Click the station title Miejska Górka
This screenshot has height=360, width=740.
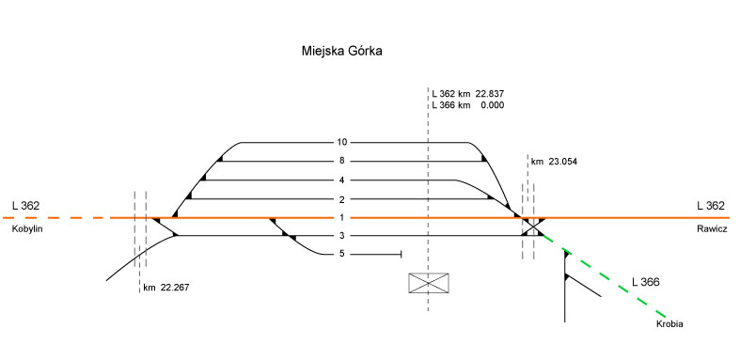pos(341,51)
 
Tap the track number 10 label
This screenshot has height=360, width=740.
pos(342,142)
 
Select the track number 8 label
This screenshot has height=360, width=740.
pos(342,161)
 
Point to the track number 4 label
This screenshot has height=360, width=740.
pos(342,180)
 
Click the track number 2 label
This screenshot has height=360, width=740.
pos(342,198)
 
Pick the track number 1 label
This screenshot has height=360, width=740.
pos(342,217)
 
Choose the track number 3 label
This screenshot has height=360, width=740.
pos(342,235)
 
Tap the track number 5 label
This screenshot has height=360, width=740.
pos(342,254)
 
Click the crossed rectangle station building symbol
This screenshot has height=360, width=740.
pos(429,283)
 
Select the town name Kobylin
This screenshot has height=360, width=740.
pos(26,229)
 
